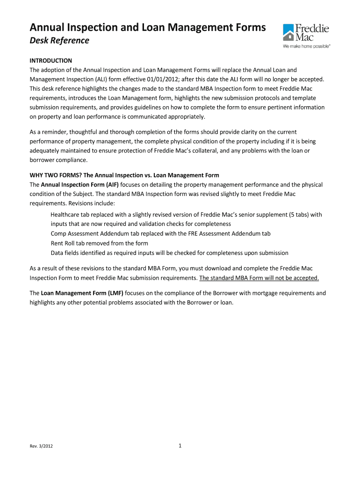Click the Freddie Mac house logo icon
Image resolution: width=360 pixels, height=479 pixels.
click(x=288, y=33)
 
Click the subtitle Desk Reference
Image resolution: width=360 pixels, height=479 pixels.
click(x=59, y=41)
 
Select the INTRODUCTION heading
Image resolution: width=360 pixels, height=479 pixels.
click(x=51, y=61)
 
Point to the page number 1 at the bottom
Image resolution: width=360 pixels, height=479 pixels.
click(x=180, y=446)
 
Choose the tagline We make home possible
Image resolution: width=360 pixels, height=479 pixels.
click(x=306, y=47)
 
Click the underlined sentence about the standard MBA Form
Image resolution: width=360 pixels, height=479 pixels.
click(x=259, y=278)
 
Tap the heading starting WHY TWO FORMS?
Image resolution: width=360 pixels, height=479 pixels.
click(x=124, y=175)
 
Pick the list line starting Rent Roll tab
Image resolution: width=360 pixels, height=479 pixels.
click(x=99, y=243)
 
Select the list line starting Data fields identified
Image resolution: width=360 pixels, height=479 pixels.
click(x=169, y=253)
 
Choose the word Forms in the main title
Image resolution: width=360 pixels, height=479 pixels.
click(x=252, y=28)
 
